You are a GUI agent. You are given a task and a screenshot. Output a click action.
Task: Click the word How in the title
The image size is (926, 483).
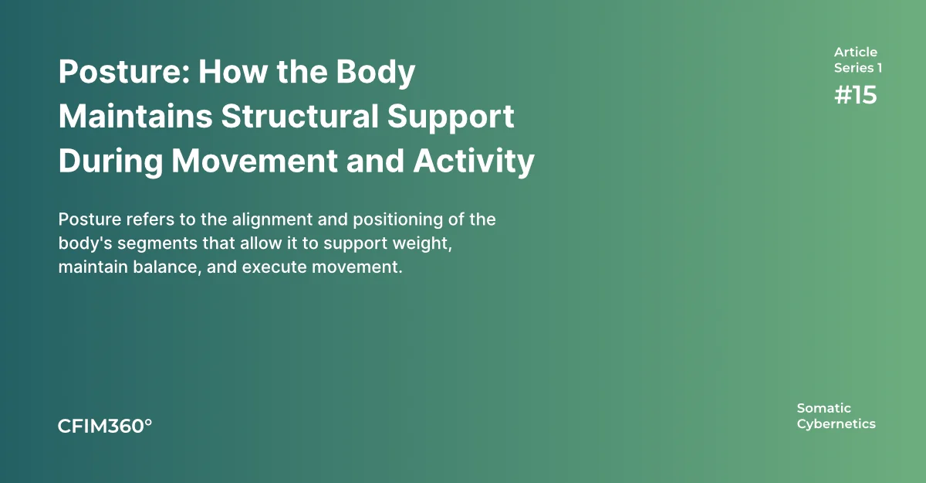tap(233, 72)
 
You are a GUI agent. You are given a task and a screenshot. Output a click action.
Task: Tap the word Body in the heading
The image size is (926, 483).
tap(375, 73)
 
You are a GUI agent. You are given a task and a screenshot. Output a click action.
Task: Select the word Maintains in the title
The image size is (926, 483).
tap(136, 116)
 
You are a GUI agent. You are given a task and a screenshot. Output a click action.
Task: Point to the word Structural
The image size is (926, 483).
tap(299, 116)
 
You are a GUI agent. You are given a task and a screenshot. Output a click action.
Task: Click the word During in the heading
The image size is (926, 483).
tap(111, 162)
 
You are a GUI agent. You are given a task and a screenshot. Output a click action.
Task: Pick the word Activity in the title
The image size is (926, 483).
tap(474, 162)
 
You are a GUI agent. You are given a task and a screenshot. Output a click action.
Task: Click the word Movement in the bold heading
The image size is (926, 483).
tap(255, 161)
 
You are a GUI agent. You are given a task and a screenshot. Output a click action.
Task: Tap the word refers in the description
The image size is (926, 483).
tap(150, 219)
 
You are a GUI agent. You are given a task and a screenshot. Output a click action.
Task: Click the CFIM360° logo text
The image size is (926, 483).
tap(105, 427)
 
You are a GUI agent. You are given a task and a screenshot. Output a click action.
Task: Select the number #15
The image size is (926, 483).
tap(855, 95)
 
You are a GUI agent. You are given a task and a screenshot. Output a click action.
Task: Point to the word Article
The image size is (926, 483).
tap(855, 52)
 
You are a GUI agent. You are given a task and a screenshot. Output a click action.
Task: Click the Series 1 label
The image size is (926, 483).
tap(858, 68)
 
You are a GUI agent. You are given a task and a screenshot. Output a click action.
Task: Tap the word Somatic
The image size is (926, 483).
tap(823, 408)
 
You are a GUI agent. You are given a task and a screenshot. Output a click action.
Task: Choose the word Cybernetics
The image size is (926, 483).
tap(836, 424)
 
